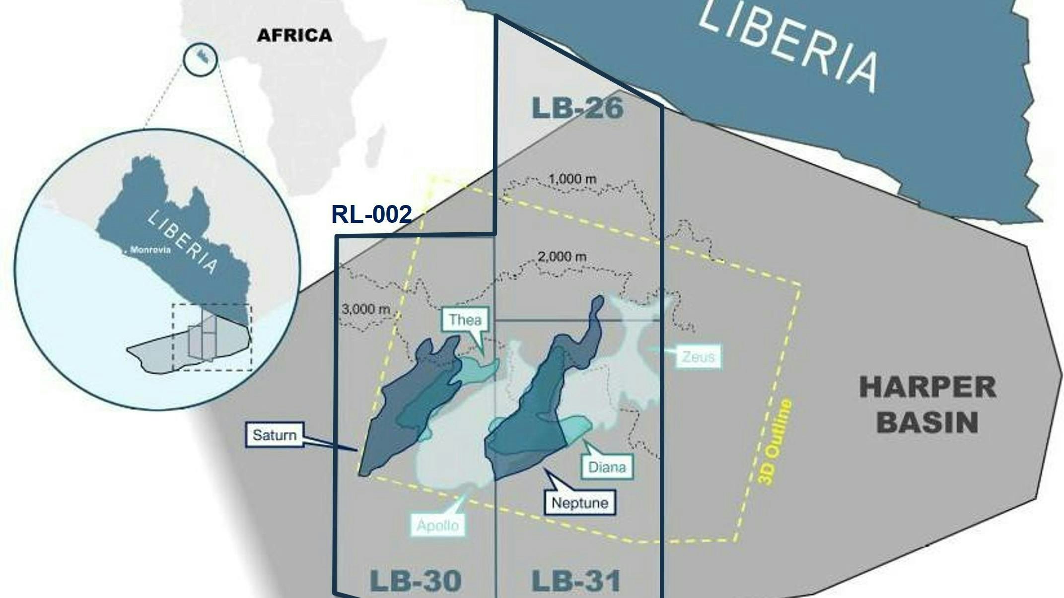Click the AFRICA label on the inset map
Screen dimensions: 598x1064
(x=294, y=35)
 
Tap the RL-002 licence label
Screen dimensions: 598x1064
(x=371, y=214)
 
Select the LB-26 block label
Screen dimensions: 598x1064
(x=577, y=108)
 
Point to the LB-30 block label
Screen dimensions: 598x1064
(x=416, y=581)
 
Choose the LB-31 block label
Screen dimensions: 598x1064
(x=576, y=581)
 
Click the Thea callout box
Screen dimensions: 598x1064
(x=465, y=320)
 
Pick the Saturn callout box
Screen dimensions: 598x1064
(x=274, y=435)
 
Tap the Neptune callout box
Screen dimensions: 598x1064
(x=579, y=503)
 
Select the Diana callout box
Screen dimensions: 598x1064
(x=607, y=467)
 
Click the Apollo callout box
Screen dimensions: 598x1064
(x=437, y=525)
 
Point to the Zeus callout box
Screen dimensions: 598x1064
(x=698, y=356)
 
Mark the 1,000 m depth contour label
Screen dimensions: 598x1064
(x=573, y=179)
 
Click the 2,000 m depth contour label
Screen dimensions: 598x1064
(x=562, y=257)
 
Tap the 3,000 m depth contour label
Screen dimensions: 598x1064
(x=366, y=309)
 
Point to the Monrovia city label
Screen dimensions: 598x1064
(x=150, y=250)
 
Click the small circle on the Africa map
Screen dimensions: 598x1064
(x=201, y=59)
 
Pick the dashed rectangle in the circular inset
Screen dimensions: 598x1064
(x=212, y=337)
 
